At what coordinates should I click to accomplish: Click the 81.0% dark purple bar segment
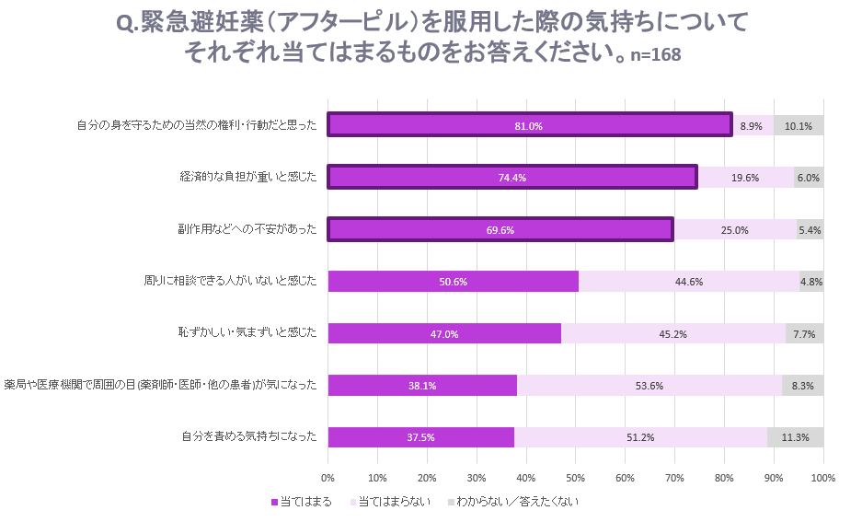coord(529,125)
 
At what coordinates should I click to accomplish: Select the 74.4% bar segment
coord(512,177)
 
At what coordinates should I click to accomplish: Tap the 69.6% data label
coord(500,230)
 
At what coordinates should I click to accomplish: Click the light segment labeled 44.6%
coord(689,282)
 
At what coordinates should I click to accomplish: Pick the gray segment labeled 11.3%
coord(796,437)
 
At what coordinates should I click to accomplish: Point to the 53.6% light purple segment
coord(649,386)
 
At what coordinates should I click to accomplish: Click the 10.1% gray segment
coord(799,125)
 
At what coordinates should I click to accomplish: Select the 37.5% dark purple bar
coord(421,437)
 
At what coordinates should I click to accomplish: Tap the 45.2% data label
coord(672,334)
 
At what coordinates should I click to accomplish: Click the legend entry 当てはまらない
coord(390,502)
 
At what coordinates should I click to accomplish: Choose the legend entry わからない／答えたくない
coord(513,502)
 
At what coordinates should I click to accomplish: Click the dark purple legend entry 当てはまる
coord(302,502)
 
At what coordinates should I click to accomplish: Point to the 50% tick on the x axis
coord(576,478)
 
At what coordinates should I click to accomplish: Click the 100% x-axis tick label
coord(823,478)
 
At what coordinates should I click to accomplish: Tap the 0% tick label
coord(328,478)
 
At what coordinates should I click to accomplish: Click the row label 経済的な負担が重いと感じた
coord(248,177)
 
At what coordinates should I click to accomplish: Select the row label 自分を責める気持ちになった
coord(249,436)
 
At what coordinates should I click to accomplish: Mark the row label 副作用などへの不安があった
coord(247,229)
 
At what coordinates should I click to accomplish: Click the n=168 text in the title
coord(655,54)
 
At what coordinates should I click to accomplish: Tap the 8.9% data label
coord(751,126)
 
